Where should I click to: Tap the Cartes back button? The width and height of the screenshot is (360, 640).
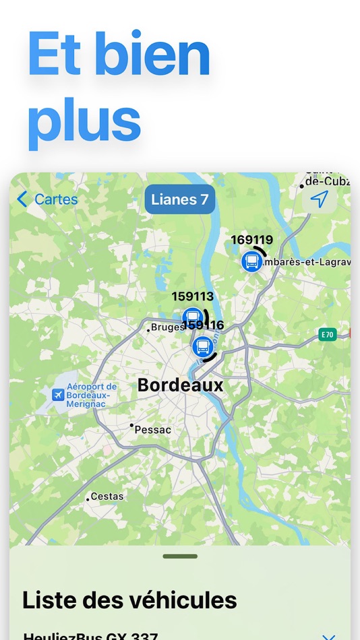47,199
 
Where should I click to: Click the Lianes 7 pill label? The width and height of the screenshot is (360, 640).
179,199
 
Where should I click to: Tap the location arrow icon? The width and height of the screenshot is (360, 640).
320,199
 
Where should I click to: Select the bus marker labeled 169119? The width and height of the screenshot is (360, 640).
252,261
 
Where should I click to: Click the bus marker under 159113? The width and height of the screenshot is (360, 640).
193,317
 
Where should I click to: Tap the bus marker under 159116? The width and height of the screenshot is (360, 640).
202,347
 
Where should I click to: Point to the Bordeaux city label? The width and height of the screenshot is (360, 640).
180,385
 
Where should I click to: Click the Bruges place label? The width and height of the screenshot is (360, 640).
168,327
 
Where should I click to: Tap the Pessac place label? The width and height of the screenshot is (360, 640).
153,429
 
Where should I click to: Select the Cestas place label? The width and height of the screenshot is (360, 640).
107,497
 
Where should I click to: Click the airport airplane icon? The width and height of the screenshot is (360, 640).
59,393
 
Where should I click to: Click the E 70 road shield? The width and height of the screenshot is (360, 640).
328,335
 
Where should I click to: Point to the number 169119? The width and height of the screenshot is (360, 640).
251,239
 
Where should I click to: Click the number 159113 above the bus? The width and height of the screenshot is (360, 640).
192,296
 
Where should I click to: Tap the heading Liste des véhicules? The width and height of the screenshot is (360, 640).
129,600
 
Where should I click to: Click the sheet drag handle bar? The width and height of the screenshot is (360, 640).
180,556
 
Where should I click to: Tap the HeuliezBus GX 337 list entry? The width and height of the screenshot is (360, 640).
90,635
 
